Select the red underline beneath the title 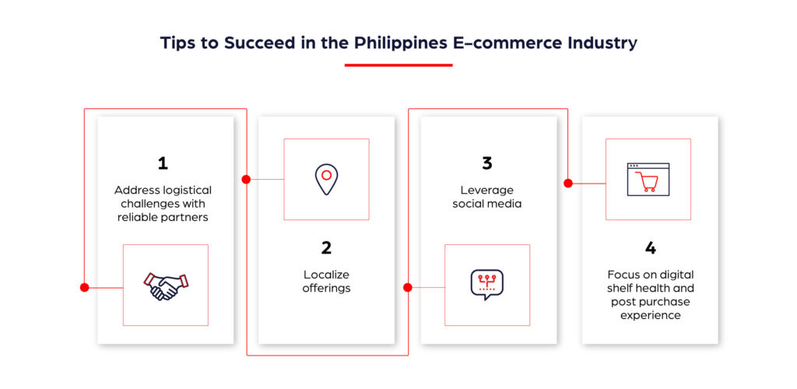(x=398, y=65)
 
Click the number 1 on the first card (x=163, y=163)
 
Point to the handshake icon (x=166, y=286)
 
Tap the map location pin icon (x=326, y=179)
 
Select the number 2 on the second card (x=326, y=248)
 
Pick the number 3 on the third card (x=487, y=163)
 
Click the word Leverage (x=487, y=190)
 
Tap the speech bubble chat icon (x=487, y=284)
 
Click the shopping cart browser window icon (x=648, y=179)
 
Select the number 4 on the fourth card (x=651, y=248)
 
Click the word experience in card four (x=650, y=315)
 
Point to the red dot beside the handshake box (x=85, y=287)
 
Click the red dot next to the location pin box (x=246, y=179)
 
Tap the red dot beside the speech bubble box (x=408, y=287)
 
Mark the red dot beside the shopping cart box (x=568, y=184)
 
